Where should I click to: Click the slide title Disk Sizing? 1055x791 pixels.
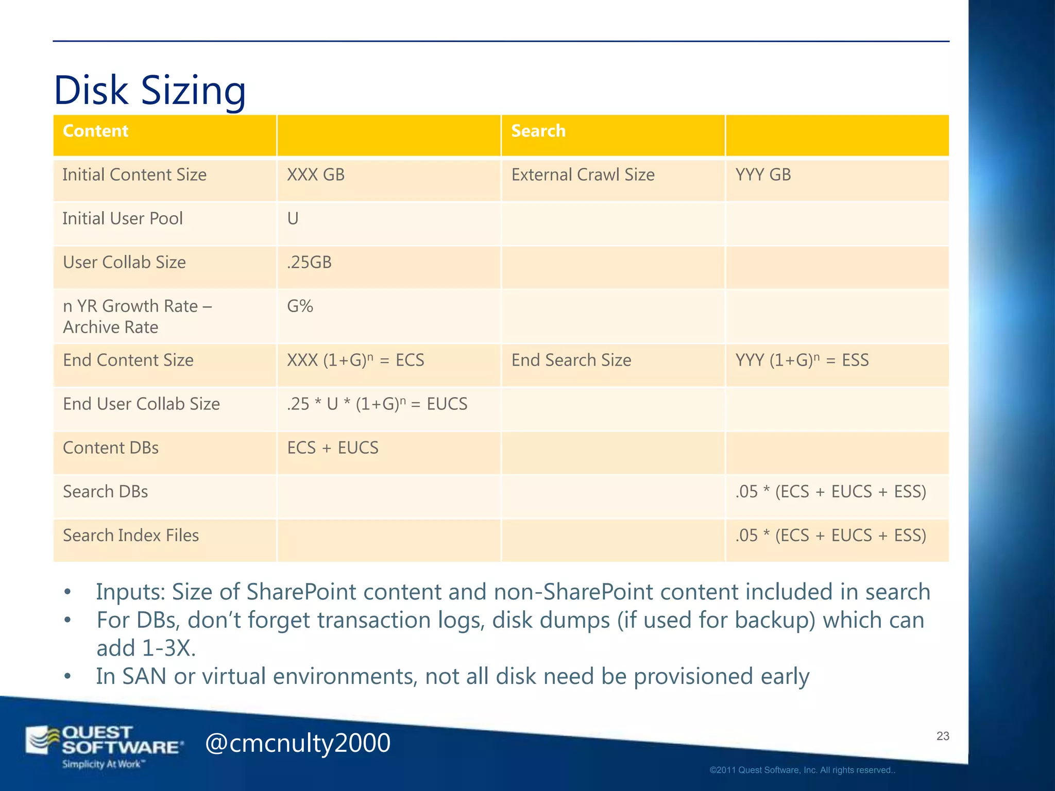coord(149,90)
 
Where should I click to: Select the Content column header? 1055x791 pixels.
coord(95,131)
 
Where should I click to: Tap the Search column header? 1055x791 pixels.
coord(538,131)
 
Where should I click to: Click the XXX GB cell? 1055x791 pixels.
coord(315,175)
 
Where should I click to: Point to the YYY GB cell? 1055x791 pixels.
coord(763,175)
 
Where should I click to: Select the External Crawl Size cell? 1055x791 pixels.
coord(583,175)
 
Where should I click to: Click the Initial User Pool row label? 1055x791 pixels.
coord(123,218)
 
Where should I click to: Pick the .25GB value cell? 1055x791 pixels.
coord(309,262)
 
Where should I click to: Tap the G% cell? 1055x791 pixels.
coord(300,306)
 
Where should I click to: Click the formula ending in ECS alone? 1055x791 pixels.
coord(355,360)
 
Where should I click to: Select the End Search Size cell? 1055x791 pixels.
coord(571,360)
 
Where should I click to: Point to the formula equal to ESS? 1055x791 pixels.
coord(802,360)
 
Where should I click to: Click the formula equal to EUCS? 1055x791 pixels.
coord(377,404)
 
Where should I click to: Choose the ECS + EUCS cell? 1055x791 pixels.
coord(333,448)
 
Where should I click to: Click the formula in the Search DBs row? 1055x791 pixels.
coord(830,491)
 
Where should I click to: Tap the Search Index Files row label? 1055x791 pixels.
coord(131,535)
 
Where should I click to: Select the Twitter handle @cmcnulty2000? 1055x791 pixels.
coord(298,743)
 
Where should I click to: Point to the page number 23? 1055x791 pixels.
coord(943,736)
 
